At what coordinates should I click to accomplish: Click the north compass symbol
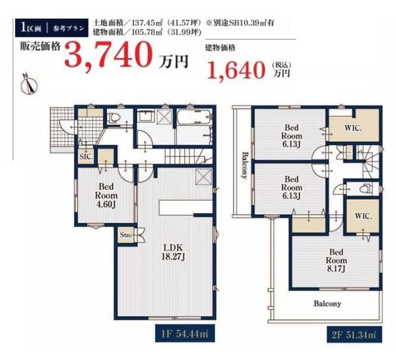point(29,84)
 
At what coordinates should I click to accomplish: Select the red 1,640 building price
point(236,71)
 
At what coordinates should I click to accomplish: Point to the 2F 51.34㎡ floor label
point(354,335)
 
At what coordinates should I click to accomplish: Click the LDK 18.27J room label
point(173,252)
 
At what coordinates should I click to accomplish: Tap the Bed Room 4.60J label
point(106,196)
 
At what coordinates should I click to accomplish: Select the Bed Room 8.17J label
point(336,260)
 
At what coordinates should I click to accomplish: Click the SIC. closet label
point(86,156)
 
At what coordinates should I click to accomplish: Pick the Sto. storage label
point(126,235)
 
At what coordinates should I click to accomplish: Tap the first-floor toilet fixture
point(114,117)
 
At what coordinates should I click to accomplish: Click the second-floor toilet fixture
point(365,189)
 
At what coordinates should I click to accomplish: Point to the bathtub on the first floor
point(193,117)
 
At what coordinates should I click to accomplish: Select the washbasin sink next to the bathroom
point(146,116)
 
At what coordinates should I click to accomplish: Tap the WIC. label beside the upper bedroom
point(353,128)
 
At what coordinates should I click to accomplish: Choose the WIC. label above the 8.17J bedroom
point(363,216)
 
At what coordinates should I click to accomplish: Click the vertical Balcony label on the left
point(244,165)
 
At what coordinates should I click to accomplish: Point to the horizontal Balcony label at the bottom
point(327,303)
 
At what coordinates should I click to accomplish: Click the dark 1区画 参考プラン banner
point(51,28)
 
